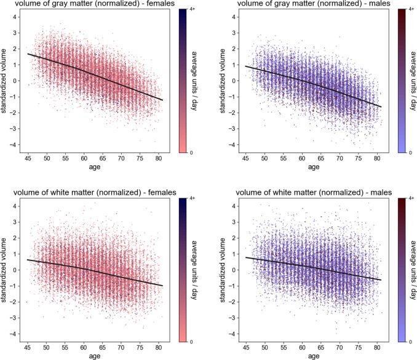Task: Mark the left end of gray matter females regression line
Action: click(28, 54)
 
